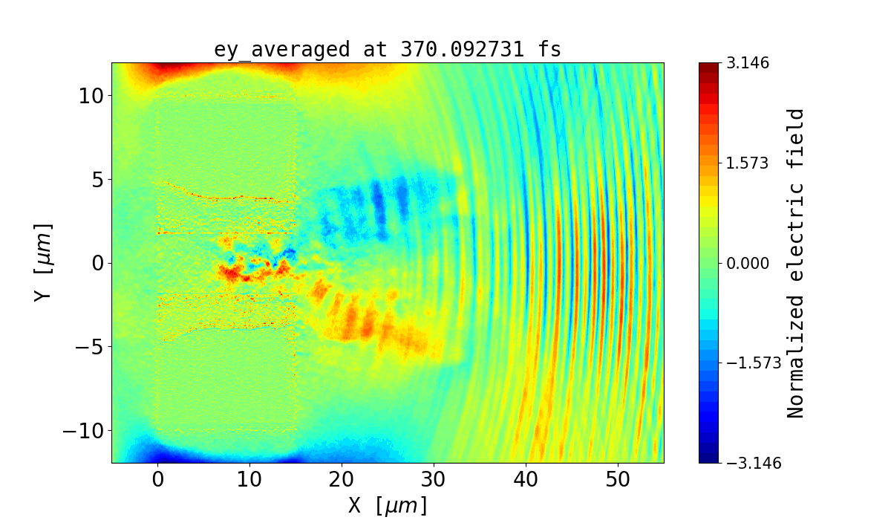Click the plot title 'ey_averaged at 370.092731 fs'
tap(388, 50)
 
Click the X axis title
tap(388, 505)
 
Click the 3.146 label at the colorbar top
tap(748, 63)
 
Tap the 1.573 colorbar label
tap(748, 163)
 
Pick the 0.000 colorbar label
tap(748, 263)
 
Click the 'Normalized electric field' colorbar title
tap(795, 263)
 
